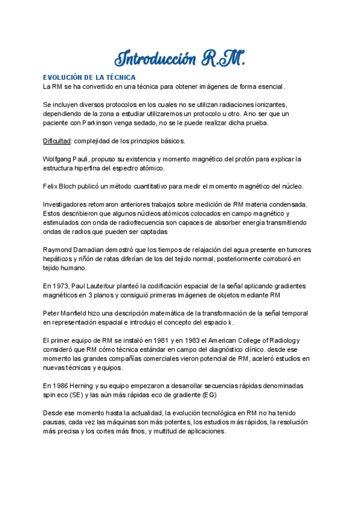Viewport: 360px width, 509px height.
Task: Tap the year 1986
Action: click(x=62, y=385)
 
